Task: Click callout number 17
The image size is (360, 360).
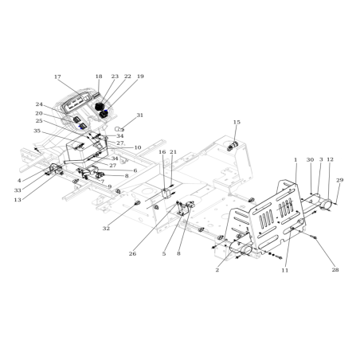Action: pyautogui.click(x=57, y=77)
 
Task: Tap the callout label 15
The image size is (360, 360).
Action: pyautogui.click(x=237, y=122)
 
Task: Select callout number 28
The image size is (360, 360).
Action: pyautogui.click(x=335, y=270)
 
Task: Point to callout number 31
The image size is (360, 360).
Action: pyautogui.click(x=140, y=115)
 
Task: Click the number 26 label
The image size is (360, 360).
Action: pyautogui.click(x=132, y=254)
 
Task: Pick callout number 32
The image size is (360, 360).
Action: pyautogui.click(x=106, y=229)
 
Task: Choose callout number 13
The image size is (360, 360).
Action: pyautogui.click(x=18, y=201)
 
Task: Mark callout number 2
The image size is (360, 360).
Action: pyautogui.click(x=217, y=270)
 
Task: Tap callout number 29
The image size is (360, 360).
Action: pyautogui.click(x=339, y=182)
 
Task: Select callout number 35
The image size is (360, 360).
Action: pyautogui.click(x=37, y=131)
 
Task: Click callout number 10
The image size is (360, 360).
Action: pyautogui.click(x=138, y=147)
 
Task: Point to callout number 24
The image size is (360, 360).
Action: pyautogui.click(x=39, y=104)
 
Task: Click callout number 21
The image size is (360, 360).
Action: pyautogui.click(x=173, y=152)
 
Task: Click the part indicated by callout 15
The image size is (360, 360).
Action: pyautogui.click(x=234, y=144)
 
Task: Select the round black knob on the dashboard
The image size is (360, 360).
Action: pyautogui.click(x=100, y=105)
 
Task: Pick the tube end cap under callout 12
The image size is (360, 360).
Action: pyautogui.click(x=326, y=206)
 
